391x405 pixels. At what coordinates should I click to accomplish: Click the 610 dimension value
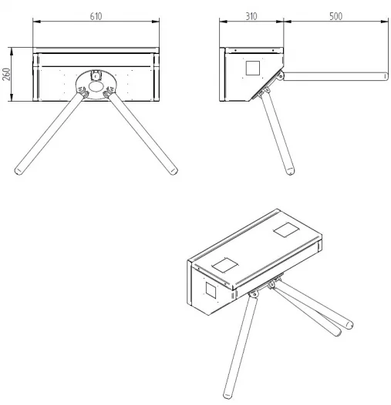pyautogui.click(x=96, y=16)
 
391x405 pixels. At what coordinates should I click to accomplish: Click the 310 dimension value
pyautogui.click(x=251, y=16)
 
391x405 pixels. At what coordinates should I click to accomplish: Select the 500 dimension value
pyautogui.click(x=336, y=16)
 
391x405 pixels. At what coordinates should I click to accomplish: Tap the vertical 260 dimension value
pyautogui.click(x=7, y=74)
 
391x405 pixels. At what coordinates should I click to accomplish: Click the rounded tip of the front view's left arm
pyautogui.click(x=18, y=171)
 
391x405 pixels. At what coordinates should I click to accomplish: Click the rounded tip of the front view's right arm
pyautogui.click(x=174, y=171)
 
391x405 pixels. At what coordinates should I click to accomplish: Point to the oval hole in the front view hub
pyautogui.click(x=96, y=86)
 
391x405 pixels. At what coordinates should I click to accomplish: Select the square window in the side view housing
pyautogui.click(x=252, y=69)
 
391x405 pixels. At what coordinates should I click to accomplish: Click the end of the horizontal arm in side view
pyautogui.click(x=386, y=76)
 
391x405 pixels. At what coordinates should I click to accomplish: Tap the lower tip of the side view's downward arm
pyautogui.click(x=290, y=171)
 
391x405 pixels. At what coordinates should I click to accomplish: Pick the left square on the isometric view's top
pyautogui.click(x=224, y=265)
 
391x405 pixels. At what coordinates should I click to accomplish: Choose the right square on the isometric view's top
pyautogui.click(x=286, y=230)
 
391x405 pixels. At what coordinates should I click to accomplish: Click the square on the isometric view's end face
pyautogui.click(x=211, y=290)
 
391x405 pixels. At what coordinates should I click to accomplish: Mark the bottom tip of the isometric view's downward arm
pyautogui.click(x=228, y=396)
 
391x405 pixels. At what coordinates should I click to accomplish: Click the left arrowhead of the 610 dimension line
pyautogui.click(x=37, y=22)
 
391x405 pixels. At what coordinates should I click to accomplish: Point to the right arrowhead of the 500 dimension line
pyautogui.click(x=385, y=22)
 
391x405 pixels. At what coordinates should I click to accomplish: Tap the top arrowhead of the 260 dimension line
pyautogui.click(x=12, y=51)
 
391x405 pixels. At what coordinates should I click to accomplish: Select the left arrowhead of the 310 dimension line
pyautogui.click(x=224, y=22)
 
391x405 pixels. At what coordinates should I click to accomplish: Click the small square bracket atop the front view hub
pyautogui.click(x=96, y=75)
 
